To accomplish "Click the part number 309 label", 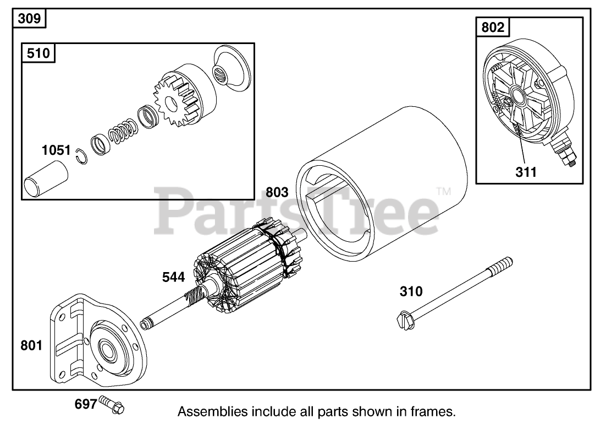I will coord(29,19).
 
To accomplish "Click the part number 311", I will coord(526,172).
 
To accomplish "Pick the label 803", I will coord(277,192).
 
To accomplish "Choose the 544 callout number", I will coord(173,277).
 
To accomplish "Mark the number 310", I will coord(411,291).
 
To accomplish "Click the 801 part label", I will coord(31,346).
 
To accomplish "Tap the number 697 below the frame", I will coord(86,404).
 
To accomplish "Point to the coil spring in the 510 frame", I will coord(122,134).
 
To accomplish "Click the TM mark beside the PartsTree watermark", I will coord(443,192).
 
